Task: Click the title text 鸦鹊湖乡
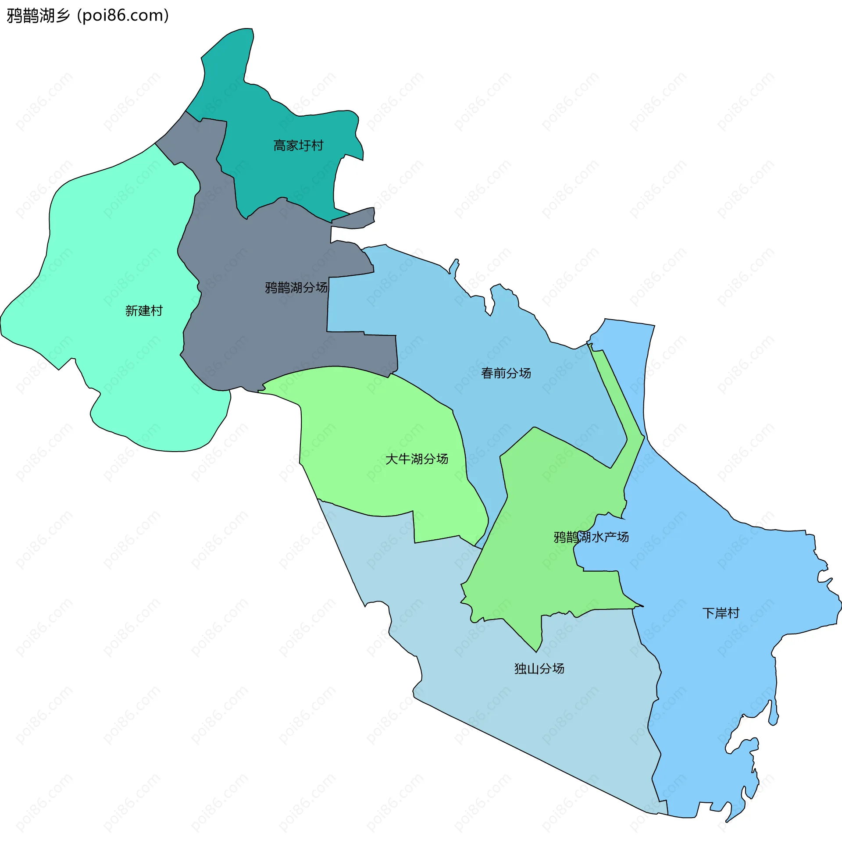click(x=38, y=16)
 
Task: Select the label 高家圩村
click(x=298, y=146)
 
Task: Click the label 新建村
click(x=144, y=311)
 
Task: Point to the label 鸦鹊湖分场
click(x=296, y=288)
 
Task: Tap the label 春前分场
click(x=506, y=374)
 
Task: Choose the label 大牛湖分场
click(x=416, y=459)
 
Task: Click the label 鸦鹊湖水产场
click(x=591, y=537)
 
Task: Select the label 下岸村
click(x=721, y=613)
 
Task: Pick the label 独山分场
click(x=539, y=669)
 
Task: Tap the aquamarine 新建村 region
click(x=110, y=247)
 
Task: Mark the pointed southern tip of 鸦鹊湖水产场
click(x=536, y=650)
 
